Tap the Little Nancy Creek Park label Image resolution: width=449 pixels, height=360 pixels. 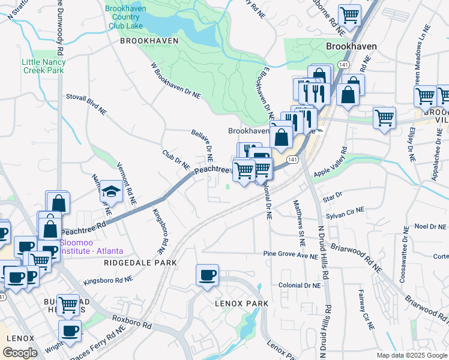43,66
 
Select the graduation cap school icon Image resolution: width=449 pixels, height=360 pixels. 111,191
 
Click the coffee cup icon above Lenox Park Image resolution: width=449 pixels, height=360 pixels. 207,275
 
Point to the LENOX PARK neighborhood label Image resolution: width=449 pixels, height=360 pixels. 241,304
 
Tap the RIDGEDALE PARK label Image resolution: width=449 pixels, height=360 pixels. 140,263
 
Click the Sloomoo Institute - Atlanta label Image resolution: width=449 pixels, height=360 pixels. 91,247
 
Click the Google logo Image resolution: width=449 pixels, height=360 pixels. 20,353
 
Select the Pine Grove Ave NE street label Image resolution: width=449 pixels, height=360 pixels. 291,254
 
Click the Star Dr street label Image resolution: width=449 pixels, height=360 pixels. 332,195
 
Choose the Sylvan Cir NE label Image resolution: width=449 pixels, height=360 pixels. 345,211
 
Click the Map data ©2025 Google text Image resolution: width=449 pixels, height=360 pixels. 412,355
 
